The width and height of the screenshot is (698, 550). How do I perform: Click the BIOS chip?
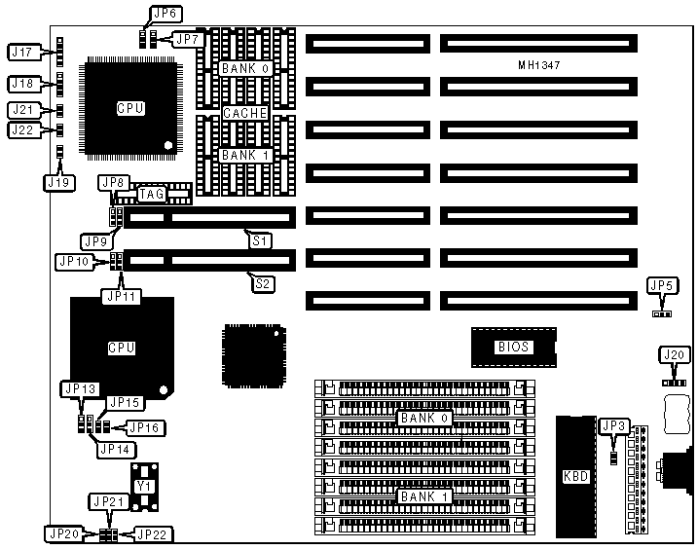pos(514,346)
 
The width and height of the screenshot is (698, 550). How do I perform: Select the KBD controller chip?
pos(575,477)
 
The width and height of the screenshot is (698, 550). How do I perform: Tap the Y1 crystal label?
pos(144,485)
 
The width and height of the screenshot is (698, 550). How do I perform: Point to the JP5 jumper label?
pos(662,285)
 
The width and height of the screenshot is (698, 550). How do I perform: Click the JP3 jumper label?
pos(615,425)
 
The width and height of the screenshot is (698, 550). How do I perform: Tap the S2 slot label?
pos(263,283)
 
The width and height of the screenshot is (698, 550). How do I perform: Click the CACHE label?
pos(244,113)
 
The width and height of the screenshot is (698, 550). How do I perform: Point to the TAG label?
pos(152,195)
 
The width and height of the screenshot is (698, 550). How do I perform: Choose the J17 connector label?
pos(21,51)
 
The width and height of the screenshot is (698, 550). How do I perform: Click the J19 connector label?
pos(57,180)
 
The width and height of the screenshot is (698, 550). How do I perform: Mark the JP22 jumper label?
pos(153,533)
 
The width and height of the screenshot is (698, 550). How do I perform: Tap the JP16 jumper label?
pos(143,426)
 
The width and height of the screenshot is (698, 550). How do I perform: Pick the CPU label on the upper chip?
pos(130,108)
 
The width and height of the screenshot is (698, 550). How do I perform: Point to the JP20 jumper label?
pos(64,533)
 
